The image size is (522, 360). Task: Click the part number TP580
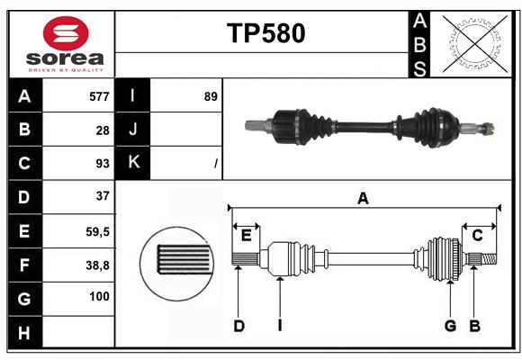(265, 33)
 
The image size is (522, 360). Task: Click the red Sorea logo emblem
(66, 35)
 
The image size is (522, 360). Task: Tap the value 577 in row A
(99, 96)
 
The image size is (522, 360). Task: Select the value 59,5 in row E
(97, 231)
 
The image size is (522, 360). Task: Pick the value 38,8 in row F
(97, 265)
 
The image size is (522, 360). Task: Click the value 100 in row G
(99, 296)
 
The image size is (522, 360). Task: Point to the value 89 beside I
(211, 96)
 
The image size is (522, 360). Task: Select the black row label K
(133, 163)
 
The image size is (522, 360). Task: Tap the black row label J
(133, 130)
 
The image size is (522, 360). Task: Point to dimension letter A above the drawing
(363, 199)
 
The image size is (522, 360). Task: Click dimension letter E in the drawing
(246, 235)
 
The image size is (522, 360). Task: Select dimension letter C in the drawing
(477, 235)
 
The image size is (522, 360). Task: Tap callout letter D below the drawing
(238, 326)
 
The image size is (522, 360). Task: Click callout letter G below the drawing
(450, 326)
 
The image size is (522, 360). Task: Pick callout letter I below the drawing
(280, 326)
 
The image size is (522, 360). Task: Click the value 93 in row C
(102, 164)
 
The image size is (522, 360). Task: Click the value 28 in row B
(103, 130)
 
